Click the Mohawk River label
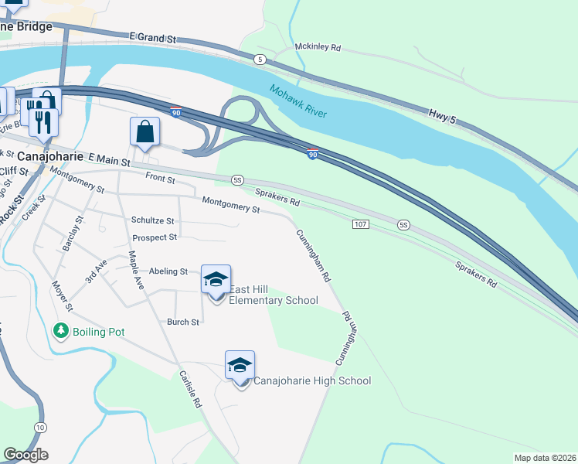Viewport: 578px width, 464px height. click(x=297, y=101)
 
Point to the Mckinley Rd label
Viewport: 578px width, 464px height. click(x=318, y=47)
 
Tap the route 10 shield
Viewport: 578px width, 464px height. click(x=40, y=428)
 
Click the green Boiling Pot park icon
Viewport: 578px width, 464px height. click(x=61, y=331)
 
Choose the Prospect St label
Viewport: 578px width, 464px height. click(x=155, y=237)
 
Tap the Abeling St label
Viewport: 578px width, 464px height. click(x=168, y=271)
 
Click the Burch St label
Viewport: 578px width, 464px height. click(x=184, y=322)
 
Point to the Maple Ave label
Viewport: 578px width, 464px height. click(x=136, y=269)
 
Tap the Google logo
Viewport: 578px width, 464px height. click(x=26, y=455)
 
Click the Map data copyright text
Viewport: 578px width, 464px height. click(x=546, y=458)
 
